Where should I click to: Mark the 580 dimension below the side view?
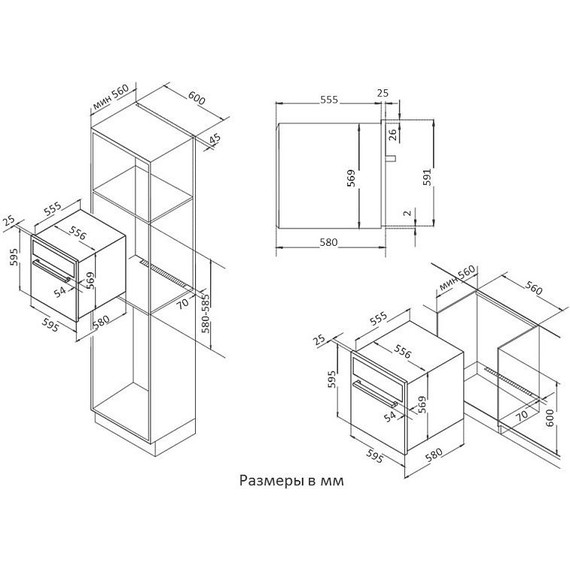326,243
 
